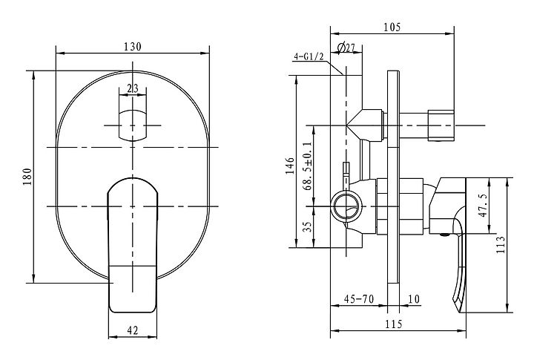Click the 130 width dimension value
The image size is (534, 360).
tap(132, 46)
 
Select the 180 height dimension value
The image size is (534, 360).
tap(27, 177)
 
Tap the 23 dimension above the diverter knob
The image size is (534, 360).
tap(133, 88)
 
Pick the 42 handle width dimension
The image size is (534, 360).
tap(133, 330)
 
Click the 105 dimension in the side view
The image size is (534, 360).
tap(392, 27)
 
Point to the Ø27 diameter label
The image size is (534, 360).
tap(346, 48)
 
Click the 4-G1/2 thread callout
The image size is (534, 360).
tap(309, 56)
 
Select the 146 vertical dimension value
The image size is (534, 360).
tap(290, 166)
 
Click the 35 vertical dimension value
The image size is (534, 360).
tap(307, 226)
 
